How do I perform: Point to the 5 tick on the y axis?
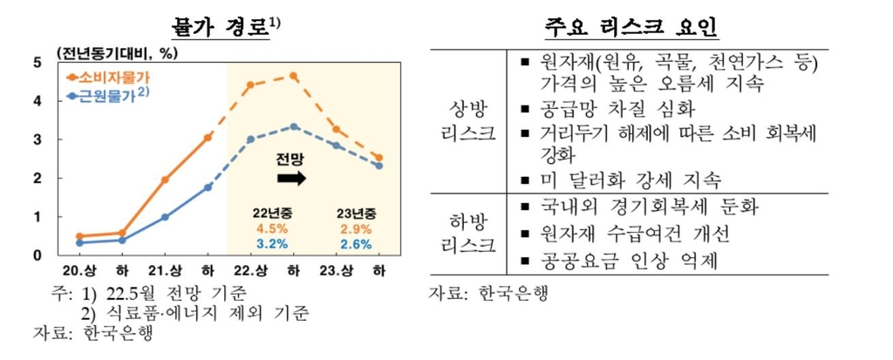(37, 62)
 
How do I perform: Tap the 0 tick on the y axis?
(37, 255)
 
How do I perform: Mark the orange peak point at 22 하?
(294, 76)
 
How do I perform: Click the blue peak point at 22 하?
(294, 126)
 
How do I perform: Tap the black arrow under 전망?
(291, 178)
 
